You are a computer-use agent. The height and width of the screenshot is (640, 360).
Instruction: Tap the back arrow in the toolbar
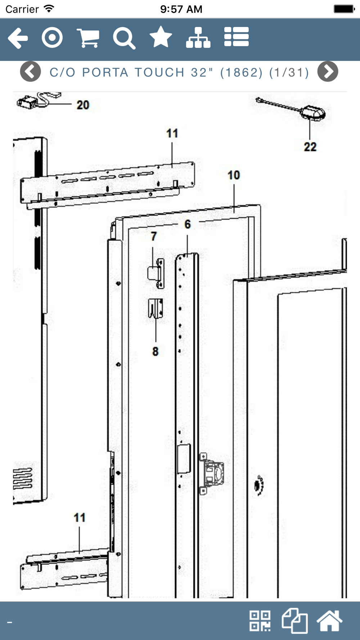point(18,38)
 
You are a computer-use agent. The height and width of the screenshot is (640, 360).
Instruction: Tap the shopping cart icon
point(88,38)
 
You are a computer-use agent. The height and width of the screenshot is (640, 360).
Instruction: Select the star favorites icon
point(161,37)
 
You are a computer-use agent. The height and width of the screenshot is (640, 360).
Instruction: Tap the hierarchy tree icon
point(198,37)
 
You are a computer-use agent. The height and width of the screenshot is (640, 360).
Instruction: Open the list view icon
point(236,37)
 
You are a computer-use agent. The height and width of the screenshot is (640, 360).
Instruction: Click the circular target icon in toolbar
point(52,37)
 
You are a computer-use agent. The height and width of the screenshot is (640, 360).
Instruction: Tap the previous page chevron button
point(31,72)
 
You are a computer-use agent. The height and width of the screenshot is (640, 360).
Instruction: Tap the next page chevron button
point(328,72)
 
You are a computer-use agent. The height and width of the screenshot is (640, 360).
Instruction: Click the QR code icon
point(260,621)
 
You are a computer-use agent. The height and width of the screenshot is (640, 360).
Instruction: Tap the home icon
point(329,621)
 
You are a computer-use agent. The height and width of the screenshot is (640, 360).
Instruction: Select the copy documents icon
point(295,621)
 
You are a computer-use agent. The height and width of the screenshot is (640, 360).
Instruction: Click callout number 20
point(83,105)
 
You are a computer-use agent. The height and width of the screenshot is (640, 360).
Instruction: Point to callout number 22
point(310,147)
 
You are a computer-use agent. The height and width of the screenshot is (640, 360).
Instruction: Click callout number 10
point(234,175)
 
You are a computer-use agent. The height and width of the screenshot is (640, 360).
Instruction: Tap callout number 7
point(154,236)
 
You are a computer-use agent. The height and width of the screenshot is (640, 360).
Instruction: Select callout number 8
point(155,351)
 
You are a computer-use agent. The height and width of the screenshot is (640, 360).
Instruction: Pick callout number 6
point(188,225)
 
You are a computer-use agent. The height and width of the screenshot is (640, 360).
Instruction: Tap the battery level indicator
point(344,9)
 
